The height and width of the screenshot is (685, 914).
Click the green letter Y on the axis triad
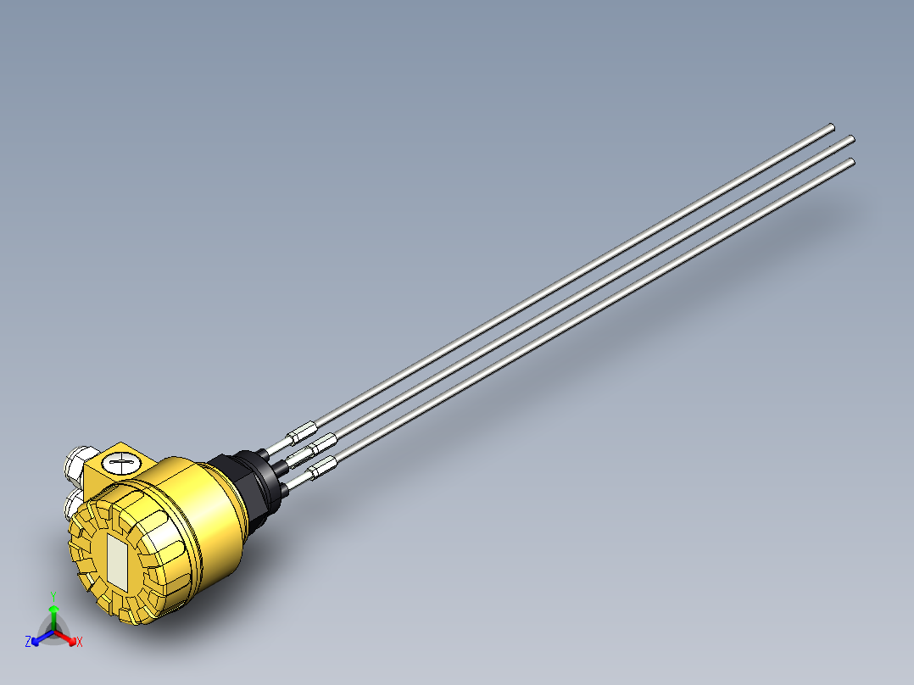[x=53, y=596]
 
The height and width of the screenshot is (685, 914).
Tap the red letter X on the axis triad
[x=80, y=643]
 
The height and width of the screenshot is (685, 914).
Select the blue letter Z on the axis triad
[x=28, y=643]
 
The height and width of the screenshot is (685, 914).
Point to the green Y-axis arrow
[x=53, y=615]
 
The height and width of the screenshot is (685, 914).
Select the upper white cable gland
[x=78, y=462]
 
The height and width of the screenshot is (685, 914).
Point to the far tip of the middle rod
[x=850, y=139]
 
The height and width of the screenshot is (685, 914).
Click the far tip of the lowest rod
[x=850, y=160]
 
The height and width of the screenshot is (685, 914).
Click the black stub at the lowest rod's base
[x=288, y=481]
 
